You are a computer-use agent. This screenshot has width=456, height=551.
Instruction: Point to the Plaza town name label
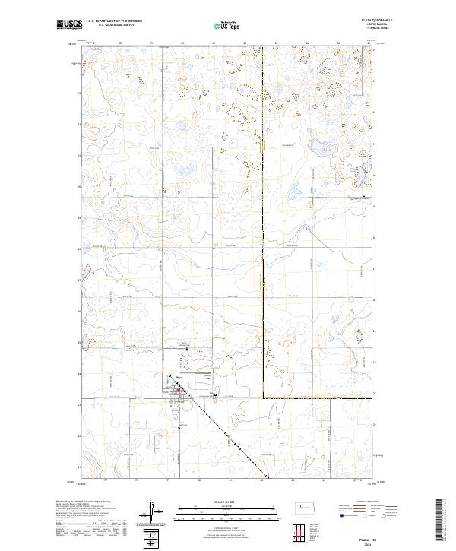coord(179,378)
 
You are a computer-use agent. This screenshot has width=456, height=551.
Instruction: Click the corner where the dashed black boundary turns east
coord(264,398)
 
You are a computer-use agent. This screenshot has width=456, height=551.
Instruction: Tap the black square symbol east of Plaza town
coord(216,395)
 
